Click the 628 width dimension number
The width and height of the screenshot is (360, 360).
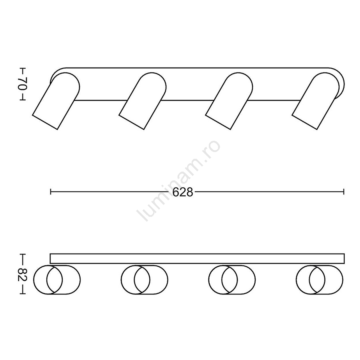pyautogui.click(x=182, y=192)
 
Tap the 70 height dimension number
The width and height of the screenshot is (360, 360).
pyautogui.click(x=23, y=84)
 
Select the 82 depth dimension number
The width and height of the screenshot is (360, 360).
pyautogui.click(x=23, y=274)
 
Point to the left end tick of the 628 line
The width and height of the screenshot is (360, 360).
pyautogui.click(x=50, y=192)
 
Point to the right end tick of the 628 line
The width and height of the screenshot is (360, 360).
pyautogui.click(x=344, y=192)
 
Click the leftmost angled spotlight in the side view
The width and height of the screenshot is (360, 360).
pyautogui.click(x=56, y=101)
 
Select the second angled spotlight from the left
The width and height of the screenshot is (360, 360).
pyautogui.click(x=143, y=101)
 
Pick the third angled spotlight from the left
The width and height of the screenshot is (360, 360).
pyautogui.click(x=229, y=101)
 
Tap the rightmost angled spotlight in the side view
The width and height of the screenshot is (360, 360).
pyautogui.click(x=316, y=101)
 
